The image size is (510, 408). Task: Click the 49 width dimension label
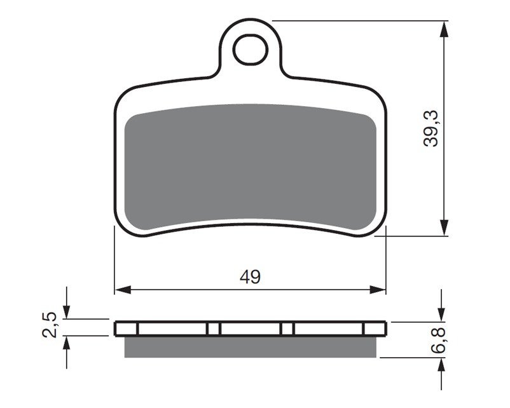(x=250, y=277)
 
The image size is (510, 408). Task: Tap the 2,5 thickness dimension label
(x=50, y=325)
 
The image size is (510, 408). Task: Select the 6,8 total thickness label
(x=438, y=341)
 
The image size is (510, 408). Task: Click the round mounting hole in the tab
(x=251, y=50)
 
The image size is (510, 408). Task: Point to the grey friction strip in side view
(x=251, y=347)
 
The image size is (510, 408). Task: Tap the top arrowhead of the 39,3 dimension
(x=444, y=29)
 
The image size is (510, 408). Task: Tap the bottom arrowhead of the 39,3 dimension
(x=444, y=228)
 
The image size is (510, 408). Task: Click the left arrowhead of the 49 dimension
(x=123, y=289)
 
